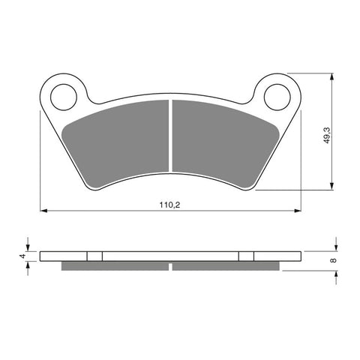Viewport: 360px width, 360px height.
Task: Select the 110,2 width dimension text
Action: tap(172, 203)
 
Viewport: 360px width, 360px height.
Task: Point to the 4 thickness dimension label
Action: tap(23, 256)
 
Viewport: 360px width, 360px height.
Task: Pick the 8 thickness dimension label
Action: tap(333, 260)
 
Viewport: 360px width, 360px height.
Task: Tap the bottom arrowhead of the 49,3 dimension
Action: tap(331, 188)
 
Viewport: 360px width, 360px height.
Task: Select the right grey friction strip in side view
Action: tap(226, 266)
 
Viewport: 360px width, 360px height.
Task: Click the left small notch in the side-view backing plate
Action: tap(94, 256)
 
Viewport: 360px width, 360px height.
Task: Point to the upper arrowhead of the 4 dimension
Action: tap(29, 247)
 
